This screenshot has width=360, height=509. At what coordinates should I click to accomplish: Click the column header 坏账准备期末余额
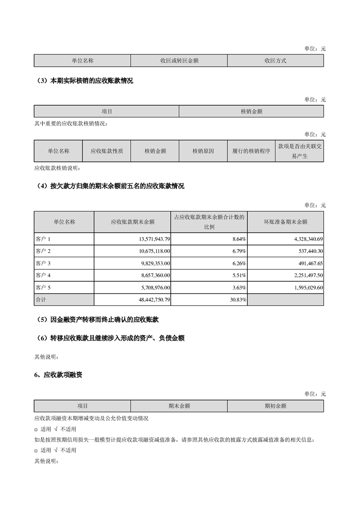pyautogui.click(x=286, y=222)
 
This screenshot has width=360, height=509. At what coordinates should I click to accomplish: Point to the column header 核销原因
pyautogui.click(x=203, y=151)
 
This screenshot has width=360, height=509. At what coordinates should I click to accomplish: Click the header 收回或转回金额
pyautogui.click(x=179, y=61)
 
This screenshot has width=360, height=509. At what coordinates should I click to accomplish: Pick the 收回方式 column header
pyautogui.click(x=275, y=61)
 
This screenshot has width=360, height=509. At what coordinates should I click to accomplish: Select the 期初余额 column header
pyautogui.click(x=275, y=406)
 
